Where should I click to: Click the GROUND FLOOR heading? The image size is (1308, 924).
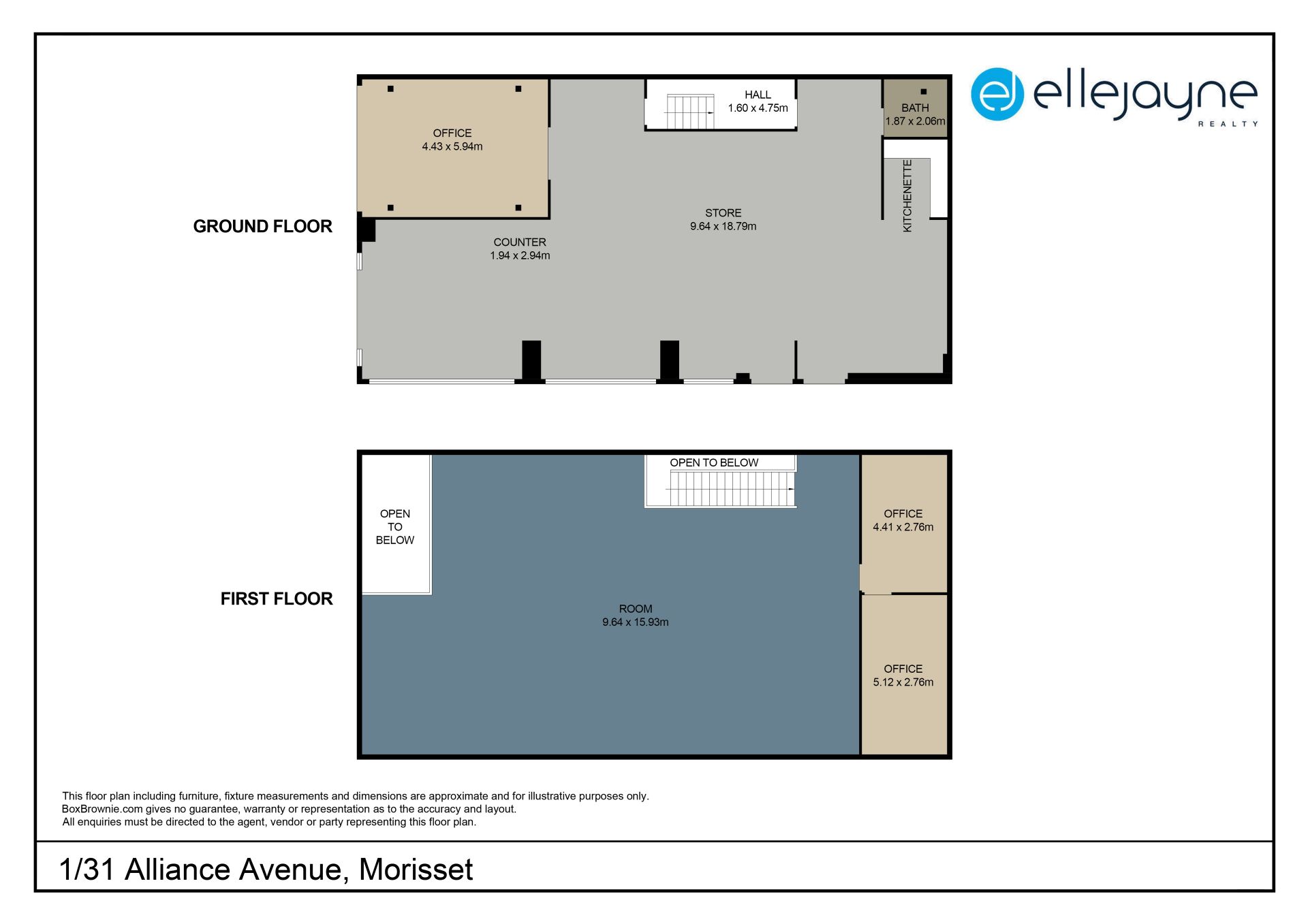262,226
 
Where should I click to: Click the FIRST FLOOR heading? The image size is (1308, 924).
277,599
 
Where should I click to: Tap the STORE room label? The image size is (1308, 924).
723,213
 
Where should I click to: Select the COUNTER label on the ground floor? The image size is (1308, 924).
520,242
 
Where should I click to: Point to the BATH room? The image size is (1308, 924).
915,108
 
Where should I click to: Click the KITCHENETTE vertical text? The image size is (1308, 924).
907,196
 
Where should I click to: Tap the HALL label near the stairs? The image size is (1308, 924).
758,95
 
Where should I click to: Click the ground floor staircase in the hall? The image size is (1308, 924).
689,112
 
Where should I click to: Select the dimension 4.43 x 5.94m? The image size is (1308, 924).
452,146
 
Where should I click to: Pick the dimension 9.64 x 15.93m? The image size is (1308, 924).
636,622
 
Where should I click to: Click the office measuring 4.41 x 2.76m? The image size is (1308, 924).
904,522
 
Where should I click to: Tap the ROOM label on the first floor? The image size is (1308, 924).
636,609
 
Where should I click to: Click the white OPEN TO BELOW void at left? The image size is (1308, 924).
396,524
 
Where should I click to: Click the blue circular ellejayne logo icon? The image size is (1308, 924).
997,94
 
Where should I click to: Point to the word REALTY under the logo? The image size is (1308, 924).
1228,124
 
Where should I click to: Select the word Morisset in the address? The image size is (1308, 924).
416,870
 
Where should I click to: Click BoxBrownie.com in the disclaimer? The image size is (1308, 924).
102,809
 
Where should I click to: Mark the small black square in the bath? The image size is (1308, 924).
924,91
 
